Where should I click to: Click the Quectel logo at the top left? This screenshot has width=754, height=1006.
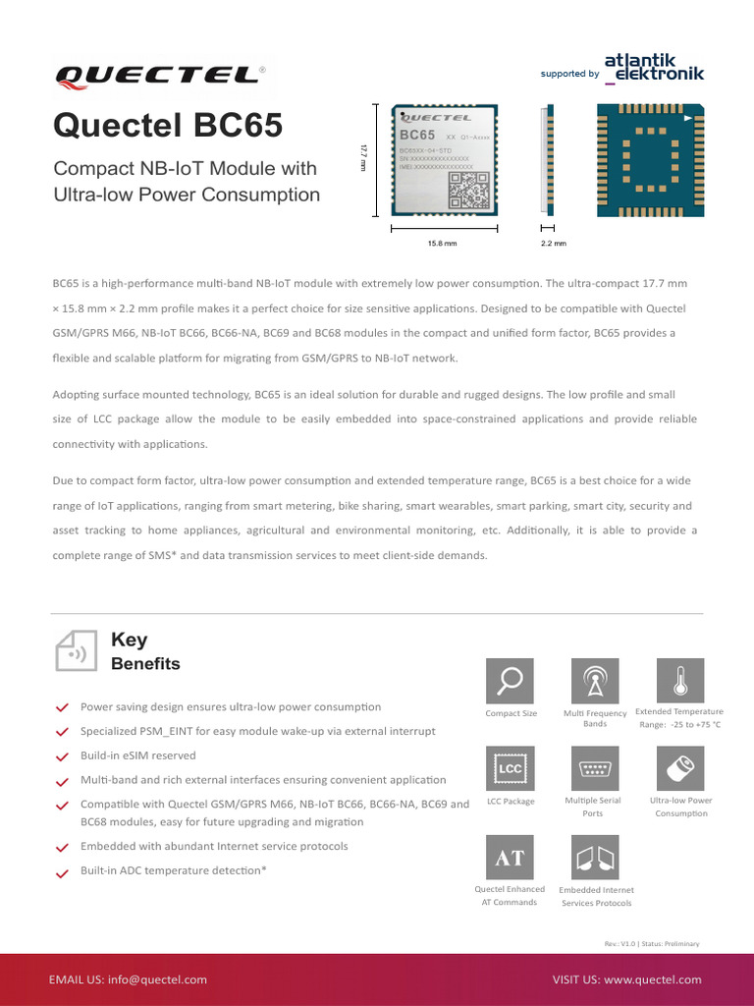point(160,75)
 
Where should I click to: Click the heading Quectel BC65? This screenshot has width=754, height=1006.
point(168,125)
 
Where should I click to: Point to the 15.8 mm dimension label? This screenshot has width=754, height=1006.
point(443,243)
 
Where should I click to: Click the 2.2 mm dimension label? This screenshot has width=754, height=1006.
point(554,243)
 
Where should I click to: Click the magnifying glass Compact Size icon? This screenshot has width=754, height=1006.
point(511,681)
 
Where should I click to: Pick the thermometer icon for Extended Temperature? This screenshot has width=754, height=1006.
point(679,681)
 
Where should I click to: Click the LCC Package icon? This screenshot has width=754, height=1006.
point(511,769)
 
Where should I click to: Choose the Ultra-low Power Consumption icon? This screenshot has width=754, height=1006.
point(679,769)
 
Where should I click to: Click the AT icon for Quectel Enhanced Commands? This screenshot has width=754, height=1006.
point(511,858)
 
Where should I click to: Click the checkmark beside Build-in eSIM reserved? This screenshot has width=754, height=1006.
point(63,756)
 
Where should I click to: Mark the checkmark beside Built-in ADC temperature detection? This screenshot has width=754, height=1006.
point(63,871)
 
